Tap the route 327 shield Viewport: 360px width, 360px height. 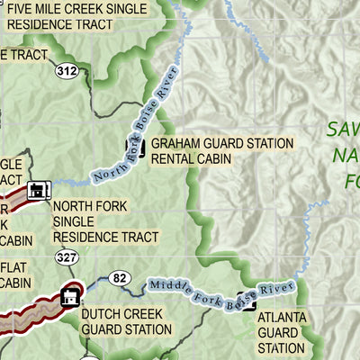(64, 256)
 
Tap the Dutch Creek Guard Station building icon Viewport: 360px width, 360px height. (68, 296)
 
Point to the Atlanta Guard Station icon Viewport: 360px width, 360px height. (242, 301)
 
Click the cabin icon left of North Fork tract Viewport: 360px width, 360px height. (39, 190)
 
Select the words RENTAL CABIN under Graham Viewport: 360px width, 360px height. (191, 159)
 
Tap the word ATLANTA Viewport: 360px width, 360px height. (282, 317)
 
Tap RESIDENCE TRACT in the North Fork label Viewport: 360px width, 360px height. (105, 238)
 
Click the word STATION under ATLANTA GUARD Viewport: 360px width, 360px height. (282, 348)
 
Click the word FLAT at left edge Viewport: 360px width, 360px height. (14, 266)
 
